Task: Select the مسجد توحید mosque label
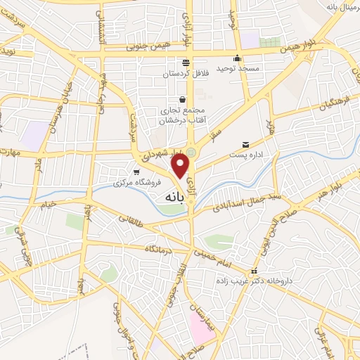pyautogui.click(x=238, y=68)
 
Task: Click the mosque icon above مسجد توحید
pyautogui.click(x=238, y=58)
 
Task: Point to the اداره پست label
pyautogui.click(x=245, y=154)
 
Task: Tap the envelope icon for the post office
pyautogui.click(x=245, y=143)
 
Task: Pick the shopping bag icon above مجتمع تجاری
pyautogui.click(x=183, y=100)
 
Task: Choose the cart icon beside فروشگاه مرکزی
pyautogui.click(x=136, y=171)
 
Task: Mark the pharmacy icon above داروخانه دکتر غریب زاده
pyautogui.click(x=255, y=271)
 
